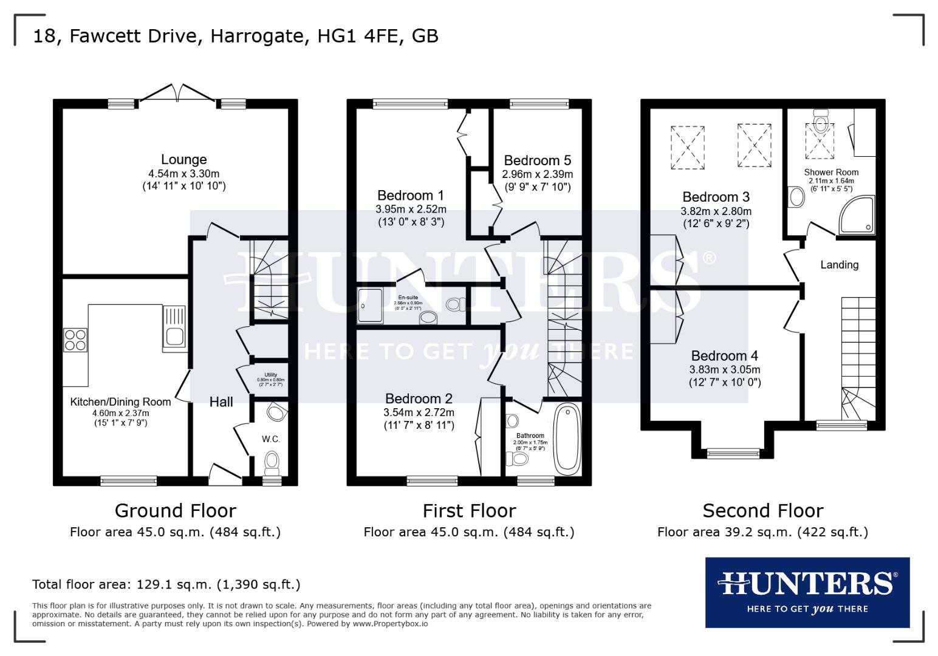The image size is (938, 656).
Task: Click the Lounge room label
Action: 183,160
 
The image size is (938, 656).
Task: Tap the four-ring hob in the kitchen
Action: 75,340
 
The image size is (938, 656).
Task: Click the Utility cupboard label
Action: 270,375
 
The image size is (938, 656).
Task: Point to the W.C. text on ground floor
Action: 271,439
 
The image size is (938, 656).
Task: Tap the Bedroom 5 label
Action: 537,160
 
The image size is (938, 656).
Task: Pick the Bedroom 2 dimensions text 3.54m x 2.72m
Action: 419,412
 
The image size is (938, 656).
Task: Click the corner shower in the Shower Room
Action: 858,217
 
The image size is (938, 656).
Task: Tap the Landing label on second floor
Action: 839,265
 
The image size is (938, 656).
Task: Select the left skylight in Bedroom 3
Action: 688,148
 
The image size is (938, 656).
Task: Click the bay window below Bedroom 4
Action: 733,453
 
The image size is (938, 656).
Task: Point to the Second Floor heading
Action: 762,510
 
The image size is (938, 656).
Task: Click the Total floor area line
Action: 166,584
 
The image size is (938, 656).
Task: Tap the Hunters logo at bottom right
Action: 807,592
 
